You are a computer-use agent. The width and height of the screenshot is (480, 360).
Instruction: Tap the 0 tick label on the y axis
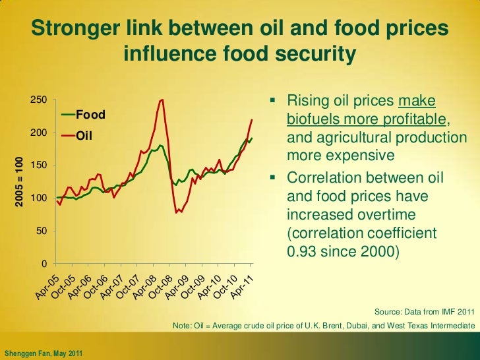pyautogui.click(x=43, y=264)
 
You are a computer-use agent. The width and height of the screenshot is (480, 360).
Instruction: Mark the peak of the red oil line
pyautogui.click(x=162, y=100)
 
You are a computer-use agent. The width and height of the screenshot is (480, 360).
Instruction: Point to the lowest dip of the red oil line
pyautogui.click(x=177, y=212)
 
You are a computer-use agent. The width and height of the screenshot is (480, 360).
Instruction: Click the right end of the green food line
pyautogui.click(x=252, y=138)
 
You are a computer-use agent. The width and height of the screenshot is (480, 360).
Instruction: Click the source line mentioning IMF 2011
pyautogui.click(x=423, y=311)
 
